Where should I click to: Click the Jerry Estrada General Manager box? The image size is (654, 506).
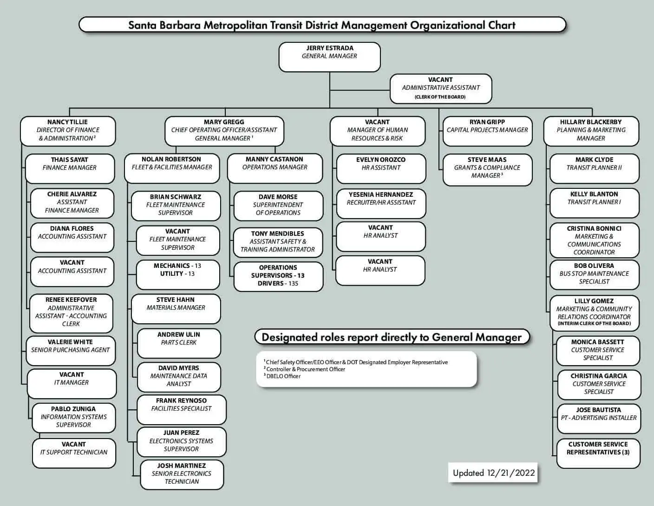329,57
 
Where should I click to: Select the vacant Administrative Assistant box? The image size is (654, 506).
440,88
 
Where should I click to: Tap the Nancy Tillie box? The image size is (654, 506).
68,131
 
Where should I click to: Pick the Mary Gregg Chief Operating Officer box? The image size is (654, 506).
224,131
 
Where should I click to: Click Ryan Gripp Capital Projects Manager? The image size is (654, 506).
487,131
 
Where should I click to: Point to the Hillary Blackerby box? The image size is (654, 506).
591,131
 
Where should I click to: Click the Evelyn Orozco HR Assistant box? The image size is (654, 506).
381,168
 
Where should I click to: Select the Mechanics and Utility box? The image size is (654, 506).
177,274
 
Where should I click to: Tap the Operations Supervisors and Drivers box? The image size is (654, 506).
278,276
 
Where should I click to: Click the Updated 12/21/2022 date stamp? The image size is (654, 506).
494,473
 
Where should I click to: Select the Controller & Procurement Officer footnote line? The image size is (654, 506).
306,369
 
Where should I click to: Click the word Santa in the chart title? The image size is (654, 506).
142,25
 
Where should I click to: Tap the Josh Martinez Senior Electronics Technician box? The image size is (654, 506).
182,474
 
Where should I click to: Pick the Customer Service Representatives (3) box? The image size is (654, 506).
598,453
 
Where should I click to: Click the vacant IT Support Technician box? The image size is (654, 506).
74,453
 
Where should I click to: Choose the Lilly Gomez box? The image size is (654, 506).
594,313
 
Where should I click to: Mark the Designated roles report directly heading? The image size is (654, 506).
392,338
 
